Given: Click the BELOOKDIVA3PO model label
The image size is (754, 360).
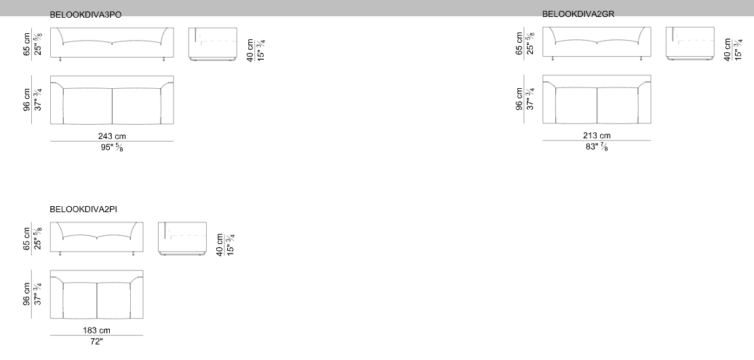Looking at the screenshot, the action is click(85, 15).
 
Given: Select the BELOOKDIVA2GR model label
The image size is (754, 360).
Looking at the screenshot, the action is click(578, 14).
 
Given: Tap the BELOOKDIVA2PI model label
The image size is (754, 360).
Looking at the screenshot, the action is click(83, 209).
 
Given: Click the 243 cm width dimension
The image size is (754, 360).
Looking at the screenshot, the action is click(112, 136).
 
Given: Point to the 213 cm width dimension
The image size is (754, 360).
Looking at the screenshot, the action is click(597, 136).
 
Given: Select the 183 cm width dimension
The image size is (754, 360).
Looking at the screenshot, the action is click(96, 330).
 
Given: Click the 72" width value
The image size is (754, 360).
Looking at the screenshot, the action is click(96, 341).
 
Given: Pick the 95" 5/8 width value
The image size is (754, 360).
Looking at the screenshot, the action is click(112, 148).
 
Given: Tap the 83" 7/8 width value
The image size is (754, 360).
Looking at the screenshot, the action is click(597, 146).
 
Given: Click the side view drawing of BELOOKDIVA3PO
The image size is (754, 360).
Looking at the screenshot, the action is click(212, 44).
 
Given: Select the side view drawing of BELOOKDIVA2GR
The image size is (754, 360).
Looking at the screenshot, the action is click(690, 43).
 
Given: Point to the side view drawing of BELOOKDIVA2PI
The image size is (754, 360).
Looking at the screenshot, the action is click(182, 239).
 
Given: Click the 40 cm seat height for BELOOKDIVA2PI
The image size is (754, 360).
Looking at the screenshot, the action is click(220, 245).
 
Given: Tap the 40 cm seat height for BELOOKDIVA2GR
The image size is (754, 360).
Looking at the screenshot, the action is click(728, 49).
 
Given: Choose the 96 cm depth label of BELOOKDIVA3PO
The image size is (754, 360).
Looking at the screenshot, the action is click(27, 100).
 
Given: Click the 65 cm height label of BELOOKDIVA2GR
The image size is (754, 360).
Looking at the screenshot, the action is click(519, 43).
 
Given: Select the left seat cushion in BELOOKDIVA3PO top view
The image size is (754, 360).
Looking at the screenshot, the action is click(87, 106).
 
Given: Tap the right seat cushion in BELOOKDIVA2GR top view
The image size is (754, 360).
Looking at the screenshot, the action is click(618, 105).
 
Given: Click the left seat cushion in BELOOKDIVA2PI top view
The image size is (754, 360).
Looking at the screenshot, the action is click(80, 300).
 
